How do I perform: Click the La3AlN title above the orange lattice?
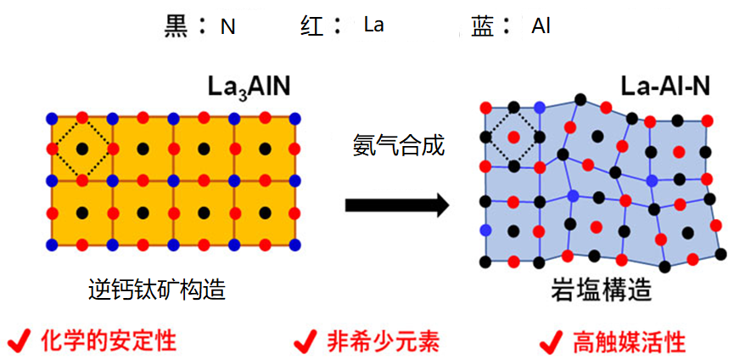(x=252, y=86)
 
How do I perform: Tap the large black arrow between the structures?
(x=396, y=205)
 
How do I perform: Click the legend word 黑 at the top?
(x=177, y=25)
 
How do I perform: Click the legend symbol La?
(x=373, y=25)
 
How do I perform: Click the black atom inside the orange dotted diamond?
(x=82, y=149)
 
